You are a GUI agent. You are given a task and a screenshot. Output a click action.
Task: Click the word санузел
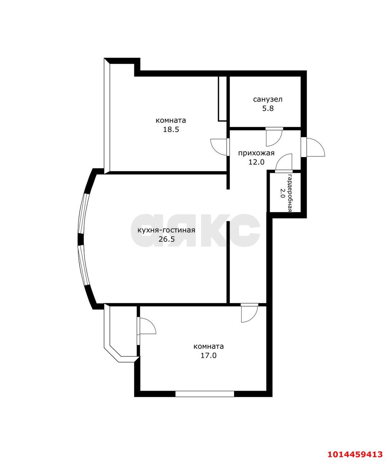pyautogui.click(x=268, y=99)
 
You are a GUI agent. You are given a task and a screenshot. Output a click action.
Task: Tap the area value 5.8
pyautogui.click(x=268, y=109)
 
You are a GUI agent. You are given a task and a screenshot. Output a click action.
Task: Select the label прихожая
pyautogui.click(x=256, y=153)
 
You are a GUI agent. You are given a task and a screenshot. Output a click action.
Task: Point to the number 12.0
pyautogui.click(x=256, y=162)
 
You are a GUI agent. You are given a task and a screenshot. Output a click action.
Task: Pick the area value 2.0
pyautogui.click(x=282, y=193)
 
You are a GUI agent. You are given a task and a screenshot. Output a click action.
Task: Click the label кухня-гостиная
pyautogui.click(x=166, y=230)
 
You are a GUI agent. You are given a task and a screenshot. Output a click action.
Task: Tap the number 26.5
pyautogui.click(x=167, y=239)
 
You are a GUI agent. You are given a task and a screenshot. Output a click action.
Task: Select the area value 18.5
pyautogui.click(x=171, y=130)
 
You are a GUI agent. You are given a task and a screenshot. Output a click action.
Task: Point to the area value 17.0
pyautogui.click(x=208, y=355)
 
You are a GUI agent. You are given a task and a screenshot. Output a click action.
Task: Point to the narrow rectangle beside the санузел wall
pyautogui.click(x=222, y=99)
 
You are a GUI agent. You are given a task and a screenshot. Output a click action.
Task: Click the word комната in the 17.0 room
pyautogui.click(x=209, y=346)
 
